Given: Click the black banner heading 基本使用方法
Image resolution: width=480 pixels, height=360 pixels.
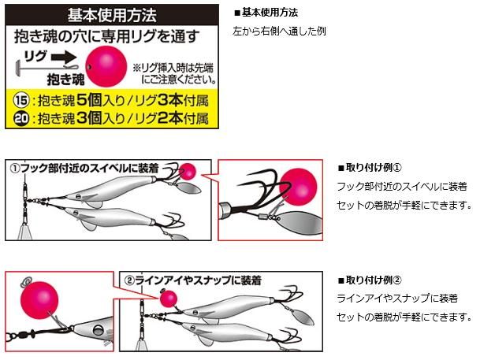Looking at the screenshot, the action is pos(112,15).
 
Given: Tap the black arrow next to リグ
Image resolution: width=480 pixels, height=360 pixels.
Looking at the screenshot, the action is pos(64,57).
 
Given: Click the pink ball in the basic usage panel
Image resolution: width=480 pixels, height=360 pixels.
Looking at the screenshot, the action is pos(106,66).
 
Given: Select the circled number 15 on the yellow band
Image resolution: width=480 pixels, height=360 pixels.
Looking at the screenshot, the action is pos(21,100).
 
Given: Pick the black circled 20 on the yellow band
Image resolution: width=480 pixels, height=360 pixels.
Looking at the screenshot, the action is pos(21,118).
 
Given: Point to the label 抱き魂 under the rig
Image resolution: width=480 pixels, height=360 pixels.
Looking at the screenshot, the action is pos(65,80).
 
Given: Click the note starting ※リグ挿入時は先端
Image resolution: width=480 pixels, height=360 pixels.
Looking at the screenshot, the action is pos(174,73).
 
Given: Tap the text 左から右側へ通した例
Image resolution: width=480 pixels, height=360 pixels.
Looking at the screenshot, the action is pos(279,32).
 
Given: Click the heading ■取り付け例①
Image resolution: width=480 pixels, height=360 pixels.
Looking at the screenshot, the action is pos(370,168).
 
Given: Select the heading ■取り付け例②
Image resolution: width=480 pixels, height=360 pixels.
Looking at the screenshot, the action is pos(370,280).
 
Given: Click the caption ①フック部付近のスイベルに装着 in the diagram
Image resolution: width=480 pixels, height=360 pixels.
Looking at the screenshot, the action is pos(84,169).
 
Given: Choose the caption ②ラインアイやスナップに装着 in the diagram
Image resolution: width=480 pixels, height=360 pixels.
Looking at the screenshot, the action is pos(193,280).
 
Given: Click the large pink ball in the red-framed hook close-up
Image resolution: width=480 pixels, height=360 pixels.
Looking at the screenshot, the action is pos(298,187).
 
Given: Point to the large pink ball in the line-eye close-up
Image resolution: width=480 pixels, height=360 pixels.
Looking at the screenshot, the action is pos(39,300).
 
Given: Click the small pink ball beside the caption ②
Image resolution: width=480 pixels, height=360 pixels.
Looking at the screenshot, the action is pos(169,299).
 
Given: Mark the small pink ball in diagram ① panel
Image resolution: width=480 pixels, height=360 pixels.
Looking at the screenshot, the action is pos(187,171).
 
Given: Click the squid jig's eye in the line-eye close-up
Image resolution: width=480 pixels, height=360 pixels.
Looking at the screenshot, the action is pos(99,330).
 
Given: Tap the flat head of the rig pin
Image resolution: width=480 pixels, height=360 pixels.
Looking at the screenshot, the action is pos(18,67).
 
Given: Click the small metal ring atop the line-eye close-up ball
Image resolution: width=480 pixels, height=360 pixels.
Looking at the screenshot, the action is pos(28,280).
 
